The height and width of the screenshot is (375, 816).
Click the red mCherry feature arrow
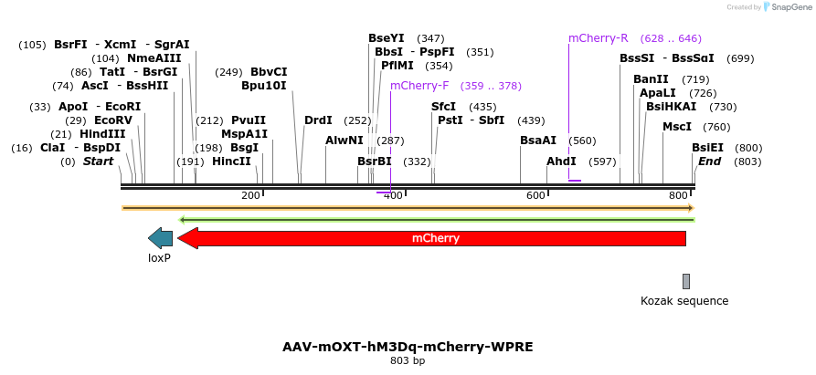[x=435, y=239]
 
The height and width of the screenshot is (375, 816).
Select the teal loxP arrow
[x=161, y=239]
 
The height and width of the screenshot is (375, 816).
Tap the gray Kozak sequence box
[x=685, y=281]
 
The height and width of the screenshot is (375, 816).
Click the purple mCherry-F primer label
[x=419, y=86]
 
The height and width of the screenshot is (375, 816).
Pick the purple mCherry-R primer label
[x=599, y=38]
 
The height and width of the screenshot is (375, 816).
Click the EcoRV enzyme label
[x=113, y=120]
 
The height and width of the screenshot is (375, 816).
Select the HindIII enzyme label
[x=102, y=134]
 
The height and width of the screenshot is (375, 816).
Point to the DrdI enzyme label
[x=318, y=120]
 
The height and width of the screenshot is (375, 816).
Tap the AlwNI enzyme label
[x=344, y=141]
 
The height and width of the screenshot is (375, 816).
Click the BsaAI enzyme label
[x=538, y=141]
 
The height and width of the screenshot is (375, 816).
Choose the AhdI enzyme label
[x=561, y=161]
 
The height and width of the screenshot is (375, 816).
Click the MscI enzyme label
[x=677, y=127]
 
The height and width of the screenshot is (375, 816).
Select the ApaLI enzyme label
[x=658, y=93]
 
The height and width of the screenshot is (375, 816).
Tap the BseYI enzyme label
[x=386, y=38]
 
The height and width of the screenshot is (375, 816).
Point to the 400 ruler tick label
[x=394, y=195]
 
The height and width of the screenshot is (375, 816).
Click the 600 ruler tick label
[x=536, y=195]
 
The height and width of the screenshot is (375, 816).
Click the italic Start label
[x=99, y=161]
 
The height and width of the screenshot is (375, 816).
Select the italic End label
[x=710, y=161]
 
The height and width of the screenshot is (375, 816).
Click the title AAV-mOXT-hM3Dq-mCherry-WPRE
[x=408, y=348]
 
